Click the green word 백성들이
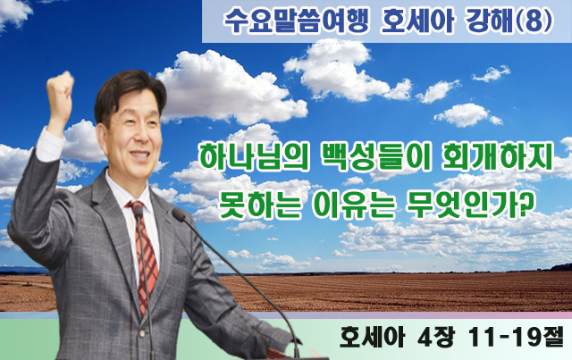pyautogui.click(x=375, y=158)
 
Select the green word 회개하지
pyautogui.click(x=497, y=158)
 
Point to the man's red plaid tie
pyautogui.click(x=145, y=255)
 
